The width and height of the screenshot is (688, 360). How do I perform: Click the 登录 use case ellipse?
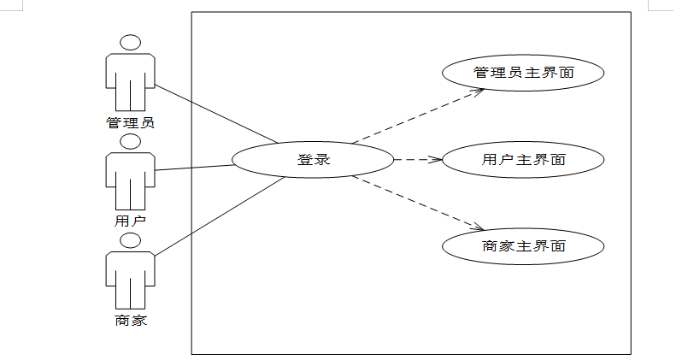pos(313,159)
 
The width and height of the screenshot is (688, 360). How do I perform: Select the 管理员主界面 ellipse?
pos(523,73)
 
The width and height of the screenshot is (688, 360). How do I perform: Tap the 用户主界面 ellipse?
pos(523,159)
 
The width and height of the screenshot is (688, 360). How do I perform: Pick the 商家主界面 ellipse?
pos(523,246)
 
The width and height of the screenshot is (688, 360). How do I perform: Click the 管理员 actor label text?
pos(130,122)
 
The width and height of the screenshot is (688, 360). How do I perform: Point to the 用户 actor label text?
pos(130,220)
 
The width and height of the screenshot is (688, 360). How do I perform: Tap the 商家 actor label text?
pos(130,321)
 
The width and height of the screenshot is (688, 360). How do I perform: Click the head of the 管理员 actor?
pos(130,43)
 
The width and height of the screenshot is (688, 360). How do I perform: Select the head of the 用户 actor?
pos(130,142)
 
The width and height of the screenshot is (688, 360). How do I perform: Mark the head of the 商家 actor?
pos(130,240)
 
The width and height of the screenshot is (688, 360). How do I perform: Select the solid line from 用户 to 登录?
pos(195,168)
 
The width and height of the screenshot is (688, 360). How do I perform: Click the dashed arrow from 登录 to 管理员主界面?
pos(419,115)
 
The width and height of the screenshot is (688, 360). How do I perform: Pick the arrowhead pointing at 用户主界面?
pos(436,159)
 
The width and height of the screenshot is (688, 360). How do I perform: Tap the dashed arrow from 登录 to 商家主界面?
pos(419,204)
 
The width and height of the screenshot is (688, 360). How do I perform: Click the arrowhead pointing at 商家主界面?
pos(479,227)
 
